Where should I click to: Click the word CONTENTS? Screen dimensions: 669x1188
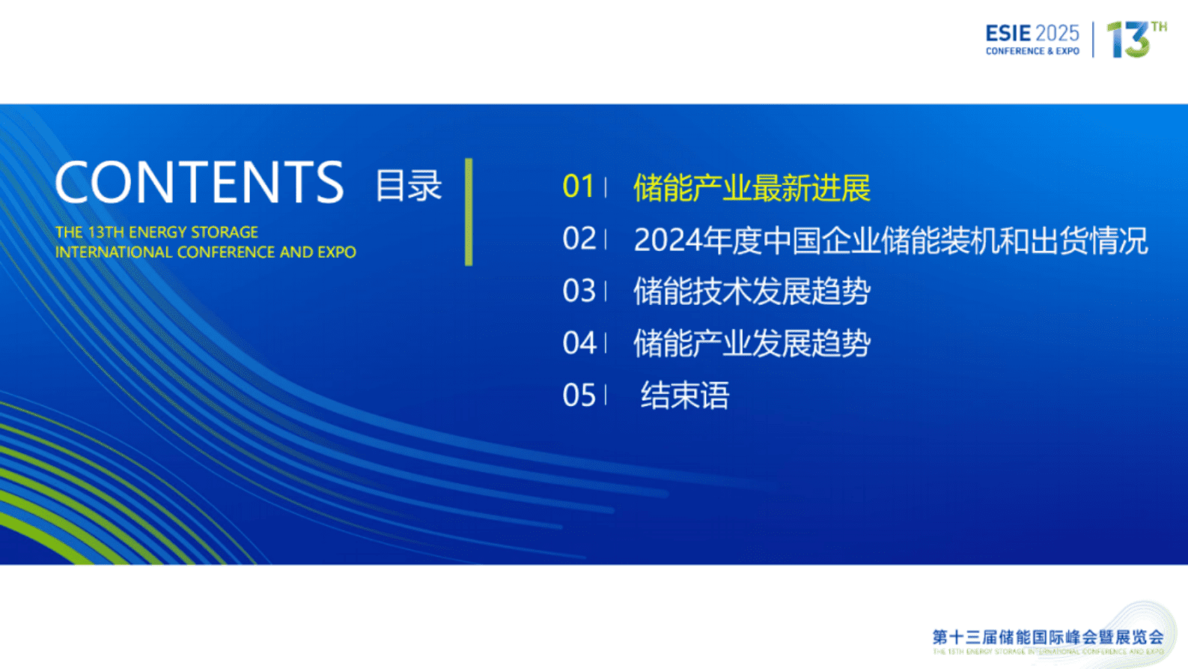click(x=199, y=182)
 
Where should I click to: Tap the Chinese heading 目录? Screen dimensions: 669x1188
click(x=409, y=185)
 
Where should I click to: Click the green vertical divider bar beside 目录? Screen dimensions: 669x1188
click(x=469, y=211)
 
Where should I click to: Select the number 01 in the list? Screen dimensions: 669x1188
click(x=579, y=187)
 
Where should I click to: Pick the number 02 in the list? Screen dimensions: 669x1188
click(x=579, y=239)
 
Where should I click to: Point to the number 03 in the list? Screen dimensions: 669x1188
click(x=579, y=291)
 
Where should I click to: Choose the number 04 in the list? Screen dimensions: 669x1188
click(x=579, y=343)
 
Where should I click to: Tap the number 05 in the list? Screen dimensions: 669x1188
click(x=579, y=395)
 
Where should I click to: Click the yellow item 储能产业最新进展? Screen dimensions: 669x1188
click(x=752, y=187)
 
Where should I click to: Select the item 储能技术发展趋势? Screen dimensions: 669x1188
click(x=752, y=291)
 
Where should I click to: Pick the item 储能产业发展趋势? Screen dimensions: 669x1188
click(x=752, y=344)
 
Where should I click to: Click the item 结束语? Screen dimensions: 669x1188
click(x=684, y=396)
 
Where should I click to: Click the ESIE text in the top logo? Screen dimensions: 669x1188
click(x=1008, y=33)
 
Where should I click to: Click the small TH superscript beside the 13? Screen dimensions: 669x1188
click(x=1159, y=27)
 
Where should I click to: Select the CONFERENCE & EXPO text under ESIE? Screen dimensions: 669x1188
click(x=1032, y=52)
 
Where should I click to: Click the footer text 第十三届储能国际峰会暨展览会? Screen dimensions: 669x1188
click(x=1048, y=638)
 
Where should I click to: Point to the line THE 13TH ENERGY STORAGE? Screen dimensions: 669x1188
click(x=156, y=232)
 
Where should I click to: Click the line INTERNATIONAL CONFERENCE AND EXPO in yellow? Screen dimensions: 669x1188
click(x=205, y=252)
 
